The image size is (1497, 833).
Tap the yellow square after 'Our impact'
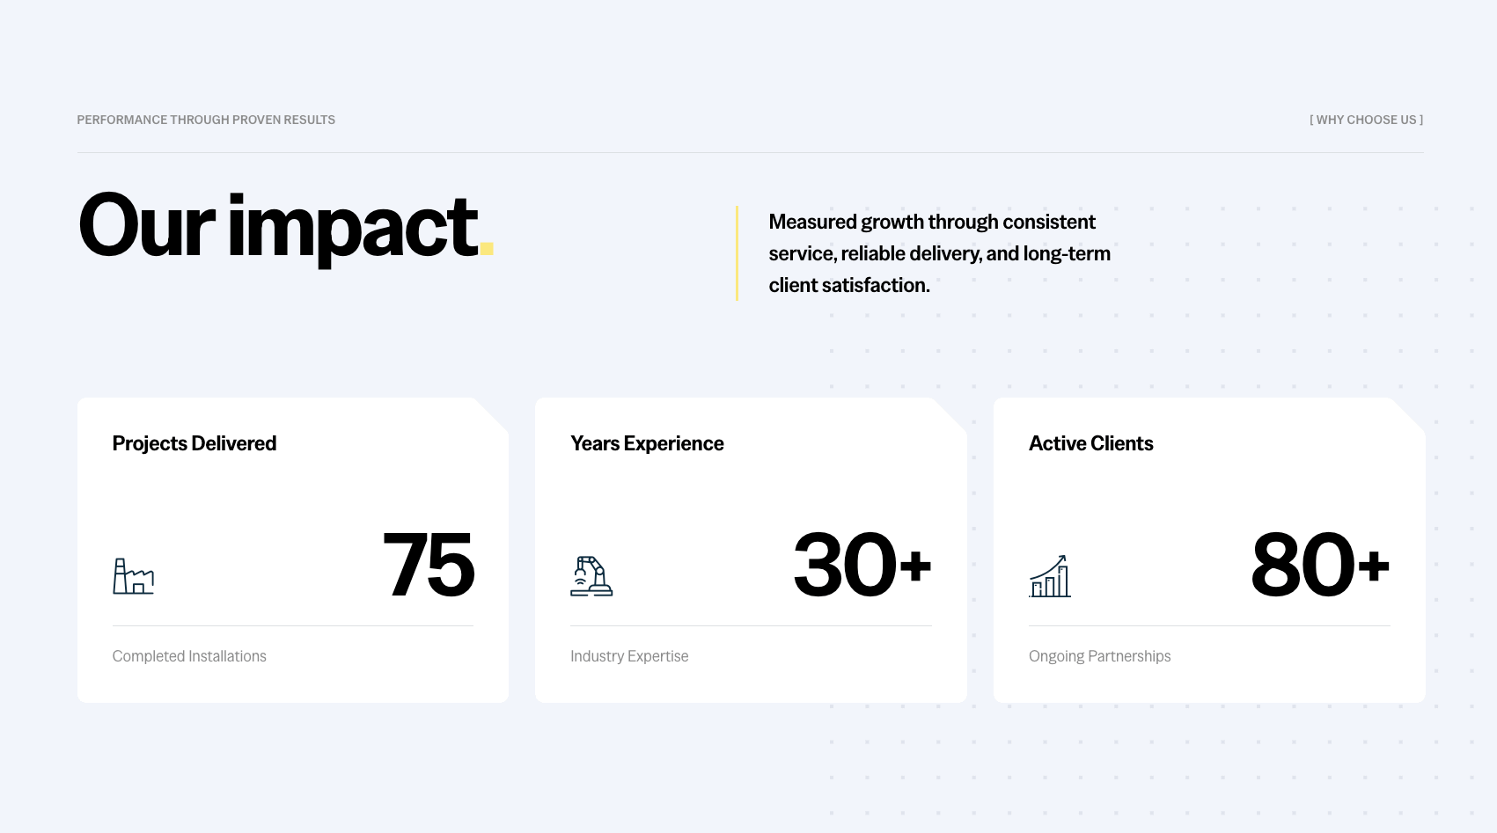point(487,249)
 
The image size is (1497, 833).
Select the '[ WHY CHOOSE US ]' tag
point(1366,120)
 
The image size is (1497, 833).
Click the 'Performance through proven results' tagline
point(206,120)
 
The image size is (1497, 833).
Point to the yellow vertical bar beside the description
point(737,253)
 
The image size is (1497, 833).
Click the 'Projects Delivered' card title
point(194,443)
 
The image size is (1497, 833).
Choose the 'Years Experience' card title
point(647,443)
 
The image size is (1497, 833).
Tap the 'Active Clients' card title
point(1090,443)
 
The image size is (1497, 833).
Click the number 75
point(429,565)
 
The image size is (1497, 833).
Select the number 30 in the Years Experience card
point(845,565)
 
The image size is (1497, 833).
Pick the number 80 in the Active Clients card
point(1303,565)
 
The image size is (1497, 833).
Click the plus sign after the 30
point(915,566)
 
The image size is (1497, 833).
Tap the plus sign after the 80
point(1374,566)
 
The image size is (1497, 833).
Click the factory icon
point(134,576)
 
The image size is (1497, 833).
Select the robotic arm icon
point(591,576)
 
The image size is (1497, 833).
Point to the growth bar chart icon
point(1050,576)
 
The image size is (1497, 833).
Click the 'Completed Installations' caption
point(189,656)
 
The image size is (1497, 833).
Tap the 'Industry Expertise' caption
point(629,656)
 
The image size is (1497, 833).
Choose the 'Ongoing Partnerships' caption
point(1099,656)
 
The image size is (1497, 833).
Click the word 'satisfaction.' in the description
point(876,285)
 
